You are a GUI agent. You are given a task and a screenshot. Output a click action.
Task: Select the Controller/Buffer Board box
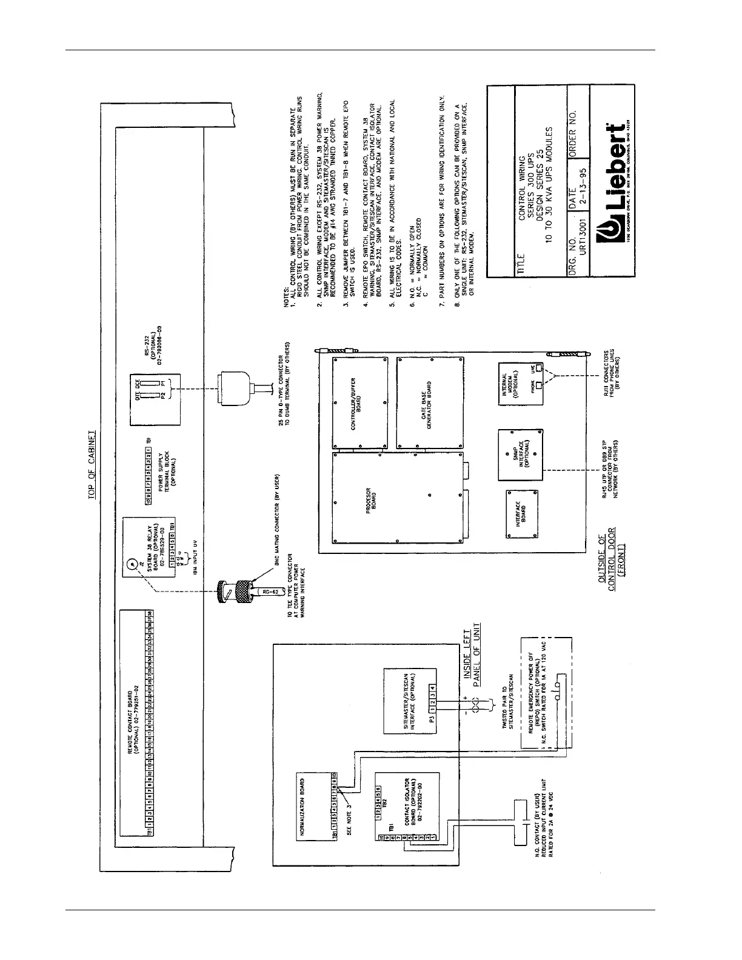[x=361, y=400]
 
